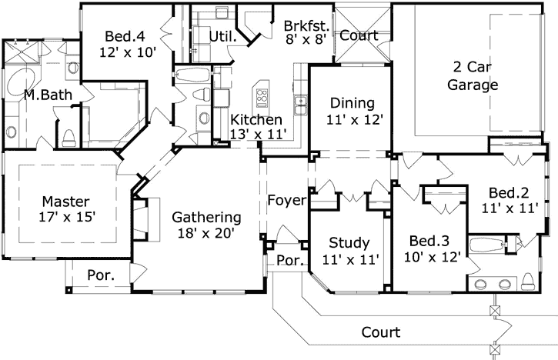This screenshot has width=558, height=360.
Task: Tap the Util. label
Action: (222, 35)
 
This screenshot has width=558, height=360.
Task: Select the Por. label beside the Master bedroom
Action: (100, 274)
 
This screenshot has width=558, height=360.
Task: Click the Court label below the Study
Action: (381, 332)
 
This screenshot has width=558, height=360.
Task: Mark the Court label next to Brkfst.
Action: (358, 35)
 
